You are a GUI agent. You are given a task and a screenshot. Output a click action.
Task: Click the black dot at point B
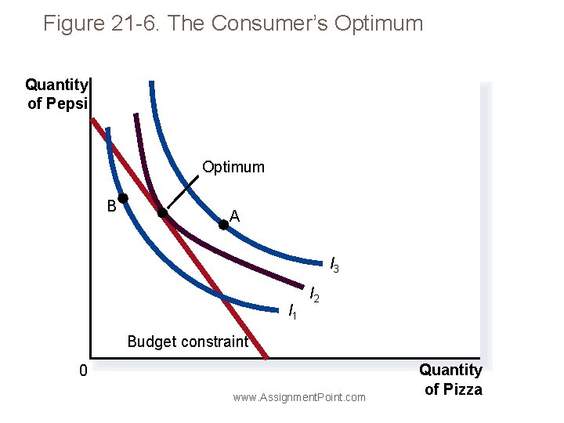[123, 198]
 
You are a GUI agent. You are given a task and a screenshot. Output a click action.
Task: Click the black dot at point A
[223, 224]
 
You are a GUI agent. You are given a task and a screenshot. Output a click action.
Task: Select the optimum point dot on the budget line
[163, 212]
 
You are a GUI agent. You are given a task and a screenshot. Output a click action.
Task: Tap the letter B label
[112, 207]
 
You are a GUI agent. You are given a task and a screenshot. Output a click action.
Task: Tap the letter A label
[235, 215]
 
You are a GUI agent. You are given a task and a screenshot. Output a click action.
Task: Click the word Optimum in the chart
[233, 167]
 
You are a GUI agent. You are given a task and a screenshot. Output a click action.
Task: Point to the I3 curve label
[334, 265]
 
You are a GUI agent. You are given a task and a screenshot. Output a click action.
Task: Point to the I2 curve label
[314, 295]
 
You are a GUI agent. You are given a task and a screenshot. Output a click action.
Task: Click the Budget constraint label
[187, 342]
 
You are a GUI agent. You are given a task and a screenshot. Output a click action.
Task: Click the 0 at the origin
[82, 371]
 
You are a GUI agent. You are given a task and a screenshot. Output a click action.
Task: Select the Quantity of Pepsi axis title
[57, 94]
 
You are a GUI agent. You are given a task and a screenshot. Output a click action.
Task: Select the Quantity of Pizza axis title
[452, 379]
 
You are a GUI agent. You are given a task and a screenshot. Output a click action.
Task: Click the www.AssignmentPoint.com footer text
[299, 397]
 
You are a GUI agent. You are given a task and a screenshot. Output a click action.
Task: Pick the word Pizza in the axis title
[465, 389]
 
